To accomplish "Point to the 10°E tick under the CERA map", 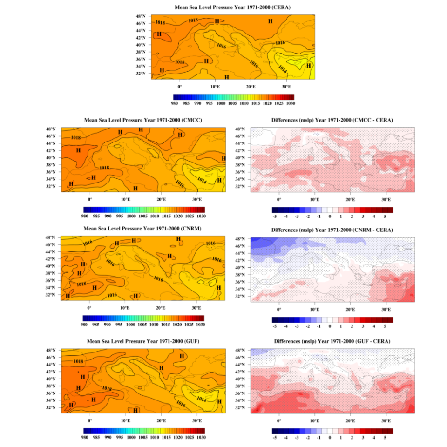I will [x=215, y=87].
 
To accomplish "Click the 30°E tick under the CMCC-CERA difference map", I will [x=386, y=199].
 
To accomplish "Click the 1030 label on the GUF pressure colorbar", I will [x=201, y=438].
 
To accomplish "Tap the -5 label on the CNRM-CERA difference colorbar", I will [x=275, y=327].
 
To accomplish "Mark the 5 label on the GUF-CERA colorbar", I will [x=385, y=438].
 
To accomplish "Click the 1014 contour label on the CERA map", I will [x=282, y=69].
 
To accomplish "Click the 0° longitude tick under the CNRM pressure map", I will [x=90, y=308].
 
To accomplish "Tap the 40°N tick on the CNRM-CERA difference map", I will [x=241, y=268].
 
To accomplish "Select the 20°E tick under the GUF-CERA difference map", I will [x=350, y=420].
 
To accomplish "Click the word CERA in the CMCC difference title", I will [x=383, y=120].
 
